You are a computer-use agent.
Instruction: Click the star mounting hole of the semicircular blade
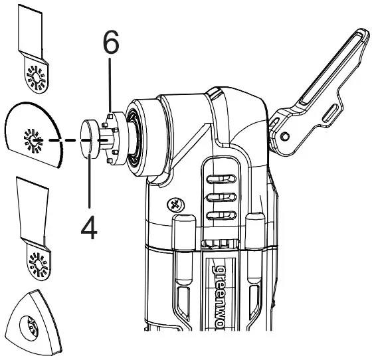pos(32,140)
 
